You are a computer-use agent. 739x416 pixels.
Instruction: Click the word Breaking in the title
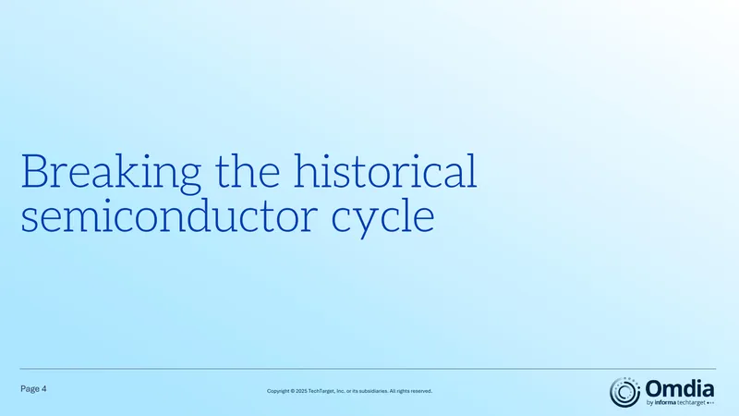[x=111, y=173]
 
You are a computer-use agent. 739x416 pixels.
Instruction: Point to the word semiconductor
[x=169, y=215]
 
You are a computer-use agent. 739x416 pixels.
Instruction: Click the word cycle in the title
[x=382, y=219]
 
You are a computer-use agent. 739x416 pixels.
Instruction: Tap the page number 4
[x=43, y=388]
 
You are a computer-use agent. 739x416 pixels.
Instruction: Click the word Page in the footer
[x=30, y=389]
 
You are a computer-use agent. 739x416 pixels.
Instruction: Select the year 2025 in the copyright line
[x=301, y=391]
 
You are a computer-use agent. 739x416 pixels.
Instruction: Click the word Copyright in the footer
[x=278, y=391]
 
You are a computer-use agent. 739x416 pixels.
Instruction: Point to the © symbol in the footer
[x=292, y=391]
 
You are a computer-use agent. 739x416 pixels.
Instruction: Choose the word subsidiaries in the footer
[x=373, y=391]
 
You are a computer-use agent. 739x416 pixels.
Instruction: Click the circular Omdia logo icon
[x=625, y=392]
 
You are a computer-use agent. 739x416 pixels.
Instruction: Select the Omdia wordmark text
[x=679, y=389]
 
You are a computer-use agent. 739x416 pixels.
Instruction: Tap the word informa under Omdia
[x=665, y=403]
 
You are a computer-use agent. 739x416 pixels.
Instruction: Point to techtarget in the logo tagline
[x=691, y=403]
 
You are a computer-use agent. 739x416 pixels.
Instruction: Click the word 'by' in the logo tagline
[x=649, y=403]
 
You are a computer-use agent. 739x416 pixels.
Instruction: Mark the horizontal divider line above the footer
[x=368, y=369]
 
